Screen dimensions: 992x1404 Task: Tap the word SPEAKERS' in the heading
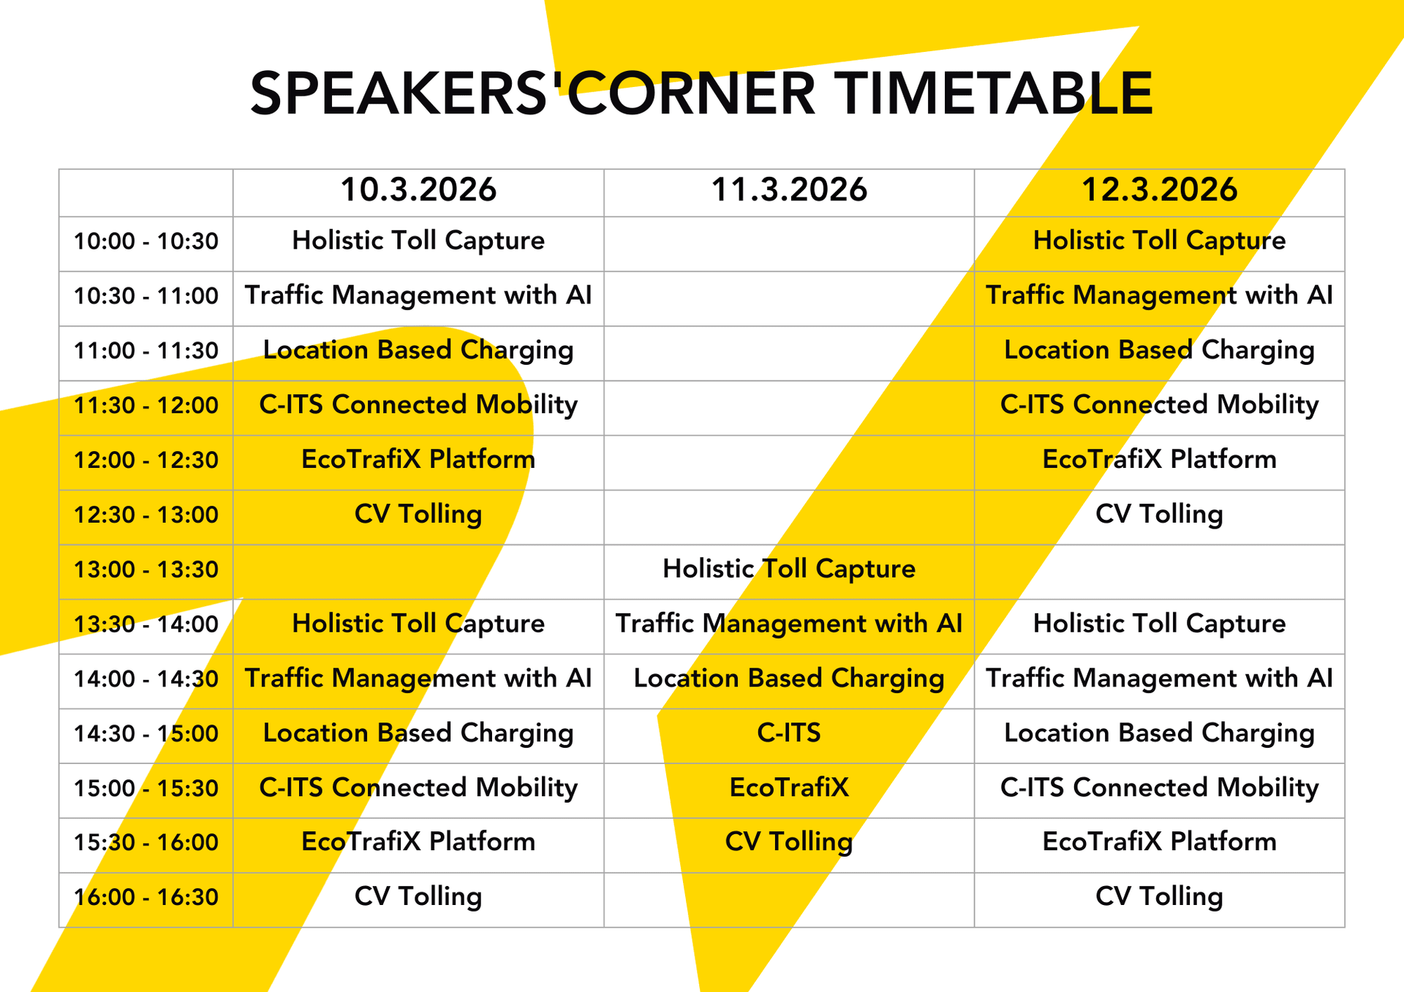pos(399,94)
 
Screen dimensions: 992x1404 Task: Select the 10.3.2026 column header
pos(418,190)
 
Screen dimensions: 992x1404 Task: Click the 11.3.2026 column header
pos(789,190)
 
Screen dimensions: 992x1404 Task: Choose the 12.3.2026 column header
pos(1159,190)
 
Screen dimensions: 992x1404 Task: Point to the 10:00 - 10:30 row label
pos(146,241)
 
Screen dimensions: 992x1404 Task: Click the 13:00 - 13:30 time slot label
pos(146,569)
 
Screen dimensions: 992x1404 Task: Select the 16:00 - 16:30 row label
pos(146,897)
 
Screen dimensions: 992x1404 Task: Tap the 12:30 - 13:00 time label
pos(146,515)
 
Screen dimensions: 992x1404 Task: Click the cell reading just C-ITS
pos(789,732)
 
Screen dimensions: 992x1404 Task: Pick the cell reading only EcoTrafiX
pos(789,787)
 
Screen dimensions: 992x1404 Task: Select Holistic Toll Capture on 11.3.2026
pos(789,569)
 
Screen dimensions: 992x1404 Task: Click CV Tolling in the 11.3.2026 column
pos(789,841)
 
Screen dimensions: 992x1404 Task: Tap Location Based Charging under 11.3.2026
pos(789,678)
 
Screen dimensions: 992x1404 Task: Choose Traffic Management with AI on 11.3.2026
pos(789,624)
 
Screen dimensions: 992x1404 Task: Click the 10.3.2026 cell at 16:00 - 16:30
pos(418,896)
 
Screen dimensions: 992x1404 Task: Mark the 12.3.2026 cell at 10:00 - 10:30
pos(1159,241)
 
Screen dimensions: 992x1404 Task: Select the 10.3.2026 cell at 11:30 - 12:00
pos(418,404)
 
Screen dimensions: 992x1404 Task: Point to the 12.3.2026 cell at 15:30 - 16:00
pos(1159,841)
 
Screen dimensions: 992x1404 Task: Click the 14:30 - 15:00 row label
pos(146,733)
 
